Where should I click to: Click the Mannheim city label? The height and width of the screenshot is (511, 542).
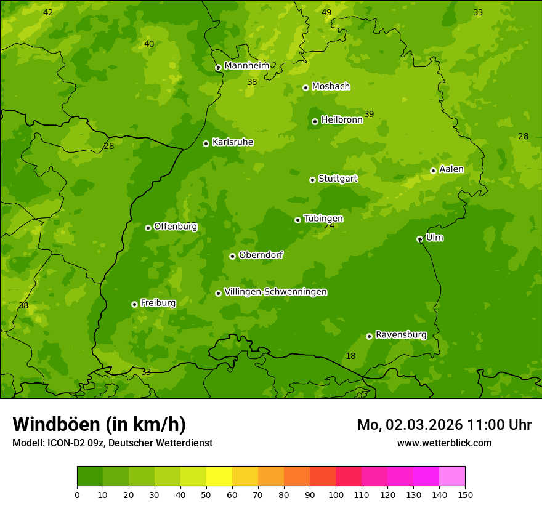(x=246, y=66)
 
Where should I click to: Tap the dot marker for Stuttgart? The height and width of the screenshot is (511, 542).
(x=312, y=180)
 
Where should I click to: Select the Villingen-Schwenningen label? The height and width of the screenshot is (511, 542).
(x=275, y=292)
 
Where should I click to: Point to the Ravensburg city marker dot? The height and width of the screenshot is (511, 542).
(x=369, y=336)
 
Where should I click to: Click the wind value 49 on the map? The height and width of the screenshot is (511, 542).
(x=326, y=12)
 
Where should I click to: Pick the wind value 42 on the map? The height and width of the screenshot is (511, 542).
(x=48, y=12)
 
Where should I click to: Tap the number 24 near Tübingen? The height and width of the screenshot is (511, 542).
(x=330, y=226)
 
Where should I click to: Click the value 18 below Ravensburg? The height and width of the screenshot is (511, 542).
(x=350, y=356)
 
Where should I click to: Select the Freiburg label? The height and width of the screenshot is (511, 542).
(x=158, y=303)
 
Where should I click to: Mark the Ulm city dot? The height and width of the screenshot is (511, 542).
(x=419, y=239)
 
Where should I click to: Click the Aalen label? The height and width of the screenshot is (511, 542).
(x=451, y=169)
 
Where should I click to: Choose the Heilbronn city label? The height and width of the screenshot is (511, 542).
(x=341, y=120)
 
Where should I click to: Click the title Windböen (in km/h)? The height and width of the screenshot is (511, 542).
(x=99, y=424)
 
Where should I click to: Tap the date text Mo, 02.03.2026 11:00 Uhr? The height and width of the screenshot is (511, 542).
(x=444, y=425)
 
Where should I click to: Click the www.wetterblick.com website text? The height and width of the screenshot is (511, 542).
(x=444, y=443)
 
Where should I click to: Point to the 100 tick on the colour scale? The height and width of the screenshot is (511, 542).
(x=336, y=494)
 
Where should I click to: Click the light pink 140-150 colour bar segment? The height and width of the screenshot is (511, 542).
(x=452, y=477)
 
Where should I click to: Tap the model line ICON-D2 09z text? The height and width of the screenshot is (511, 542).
(x=112, y=443)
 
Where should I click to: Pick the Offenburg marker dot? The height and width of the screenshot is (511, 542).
(x=148, y=228)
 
